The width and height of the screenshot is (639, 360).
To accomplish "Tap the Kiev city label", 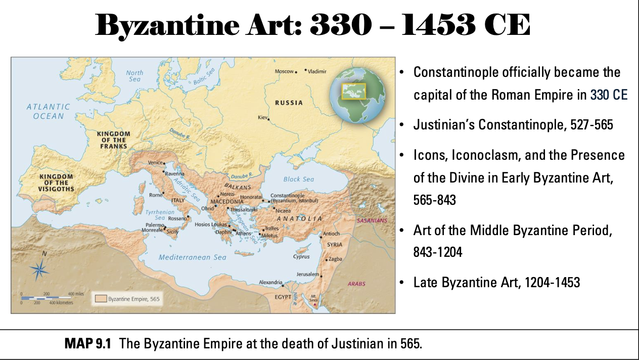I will (x=262, y=117).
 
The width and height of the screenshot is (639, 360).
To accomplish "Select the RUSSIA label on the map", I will (x=289, y=103).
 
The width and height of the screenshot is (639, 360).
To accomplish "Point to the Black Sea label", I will (x=298, y=179).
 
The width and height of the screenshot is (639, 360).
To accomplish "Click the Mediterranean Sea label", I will (x=192, y=257).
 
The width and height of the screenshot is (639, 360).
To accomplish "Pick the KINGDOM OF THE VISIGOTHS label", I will (x=57, y=183).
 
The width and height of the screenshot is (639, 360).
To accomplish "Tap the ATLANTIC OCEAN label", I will (x=49, y=111).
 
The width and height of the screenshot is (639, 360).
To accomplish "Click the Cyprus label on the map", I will (x=301, y=257).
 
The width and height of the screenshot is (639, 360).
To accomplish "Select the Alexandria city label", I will (x=270, y=282).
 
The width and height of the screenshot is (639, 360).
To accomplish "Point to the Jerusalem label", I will (x=308, y=274).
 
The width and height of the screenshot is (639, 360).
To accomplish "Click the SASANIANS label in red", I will (x=372, y=221).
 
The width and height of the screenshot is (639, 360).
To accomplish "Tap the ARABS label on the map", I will (x=356, y=284).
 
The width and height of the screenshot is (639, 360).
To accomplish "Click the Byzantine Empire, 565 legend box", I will (x=127, y=298).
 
